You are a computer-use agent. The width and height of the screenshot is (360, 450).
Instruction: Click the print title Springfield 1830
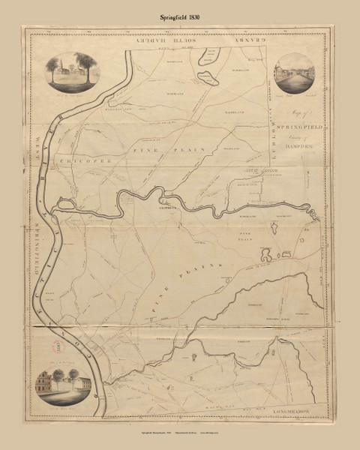coord(179,13)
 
